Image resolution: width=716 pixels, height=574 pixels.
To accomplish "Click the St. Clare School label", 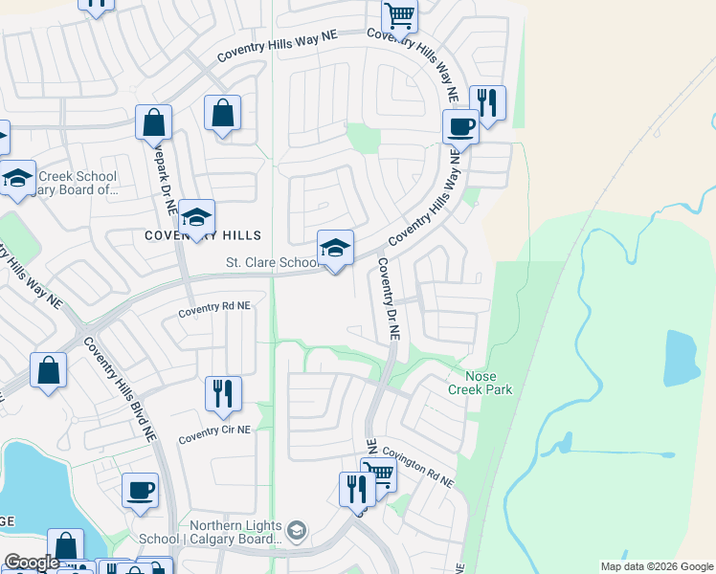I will (x=272, y=262).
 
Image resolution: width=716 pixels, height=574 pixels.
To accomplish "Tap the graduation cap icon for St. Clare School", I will (x=335, y=249).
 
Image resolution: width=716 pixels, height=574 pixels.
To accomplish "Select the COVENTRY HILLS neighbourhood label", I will (x=202, y=235).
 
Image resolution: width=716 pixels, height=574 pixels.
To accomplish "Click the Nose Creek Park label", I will (x=481, y=383).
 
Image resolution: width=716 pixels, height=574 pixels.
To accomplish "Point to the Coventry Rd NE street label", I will (x=214, y=308).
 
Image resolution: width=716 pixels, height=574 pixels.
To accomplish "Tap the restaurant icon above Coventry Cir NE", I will (x=223, y=393).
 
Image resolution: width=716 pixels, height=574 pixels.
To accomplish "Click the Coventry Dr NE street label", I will (x=388, y=298).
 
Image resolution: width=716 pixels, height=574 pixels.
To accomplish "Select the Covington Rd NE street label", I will (x=418, y=465).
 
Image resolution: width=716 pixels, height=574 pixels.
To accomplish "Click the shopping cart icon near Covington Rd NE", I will (x=379, y=475).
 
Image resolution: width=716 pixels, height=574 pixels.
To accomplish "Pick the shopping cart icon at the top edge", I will (x=399, y=14).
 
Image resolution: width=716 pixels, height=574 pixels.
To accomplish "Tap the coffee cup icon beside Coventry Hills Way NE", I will (x=460, y=126).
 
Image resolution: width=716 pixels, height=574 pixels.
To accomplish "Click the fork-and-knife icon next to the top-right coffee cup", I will (x=488, y=102).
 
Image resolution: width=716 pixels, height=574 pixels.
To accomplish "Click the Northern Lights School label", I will (x=235, y=532).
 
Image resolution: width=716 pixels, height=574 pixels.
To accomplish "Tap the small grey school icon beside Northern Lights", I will (x=298, y=529).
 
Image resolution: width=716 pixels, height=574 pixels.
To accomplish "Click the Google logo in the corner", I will (x=32, y=563).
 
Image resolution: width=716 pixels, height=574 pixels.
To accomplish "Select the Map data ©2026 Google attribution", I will (x=656, y=566).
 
